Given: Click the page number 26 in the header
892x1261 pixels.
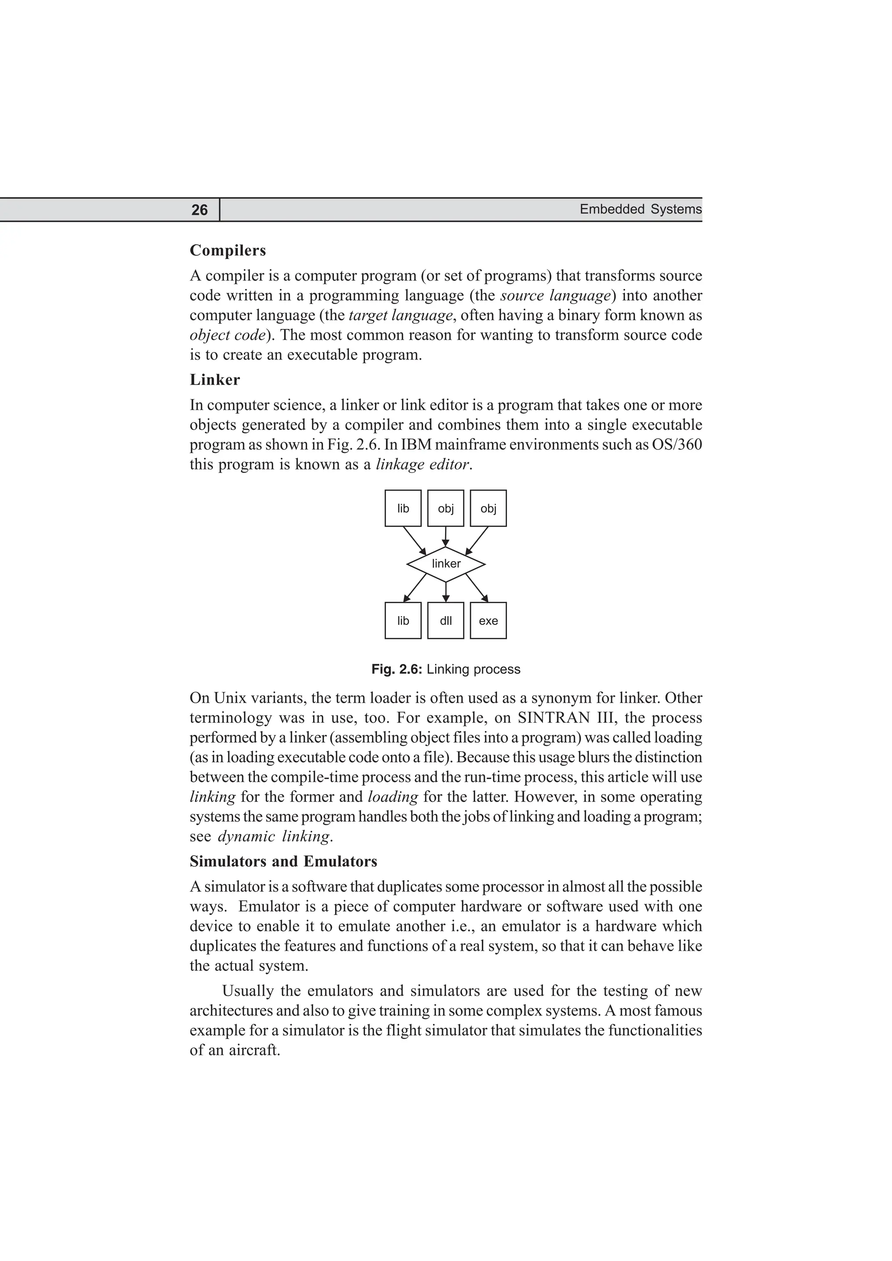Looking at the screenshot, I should (199, 210).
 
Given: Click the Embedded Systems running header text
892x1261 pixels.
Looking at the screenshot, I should (640, 209).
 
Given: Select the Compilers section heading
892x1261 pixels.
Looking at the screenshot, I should (227, 251).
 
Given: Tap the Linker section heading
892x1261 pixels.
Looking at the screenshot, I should (214, 380).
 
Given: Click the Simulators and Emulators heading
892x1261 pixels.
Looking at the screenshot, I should (283, 861).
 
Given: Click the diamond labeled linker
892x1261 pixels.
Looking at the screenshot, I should (446, 564).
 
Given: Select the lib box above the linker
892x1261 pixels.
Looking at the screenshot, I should (403, 509).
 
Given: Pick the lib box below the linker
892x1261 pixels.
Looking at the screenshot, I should (403, 620).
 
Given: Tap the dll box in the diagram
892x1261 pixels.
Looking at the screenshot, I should (446, 620).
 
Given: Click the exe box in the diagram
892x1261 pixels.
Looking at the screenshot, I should (488, 620).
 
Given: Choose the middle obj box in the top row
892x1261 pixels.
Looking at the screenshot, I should (446, 509).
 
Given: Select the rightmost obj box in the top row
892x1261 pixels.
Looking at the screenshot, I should (488, 509).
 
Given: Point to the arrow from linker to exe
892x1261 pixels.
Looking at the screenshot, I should (477, 588).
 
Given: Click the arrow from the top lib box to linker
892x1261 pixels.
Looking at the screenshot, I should (414, 540).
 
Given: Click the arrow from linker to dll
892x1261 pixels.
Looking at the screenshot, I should (446, 591).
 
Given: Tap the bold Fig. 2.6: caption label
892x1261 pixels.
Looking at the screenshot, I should (396, 670).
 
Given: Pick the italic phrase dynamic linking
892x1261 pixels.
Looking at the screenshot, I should (274, 836).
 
